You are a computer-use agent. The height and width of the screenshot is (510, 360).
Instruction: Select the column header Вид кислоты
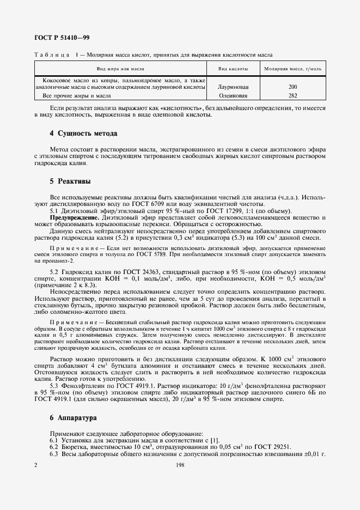tap(233, 69)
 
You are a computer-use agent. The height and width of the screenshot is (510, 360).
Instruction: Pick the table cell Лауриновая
tap(233, 87)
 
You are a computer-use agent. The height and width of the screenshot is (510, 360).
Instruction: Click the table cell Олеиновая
tap(233, 95)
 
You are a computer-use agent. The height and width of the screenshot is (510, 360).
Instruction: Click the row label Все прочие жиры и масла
tap(73, 95)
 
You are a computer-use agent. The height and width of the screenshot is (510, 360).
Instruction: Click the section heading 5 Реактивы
tap(70, 180)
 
